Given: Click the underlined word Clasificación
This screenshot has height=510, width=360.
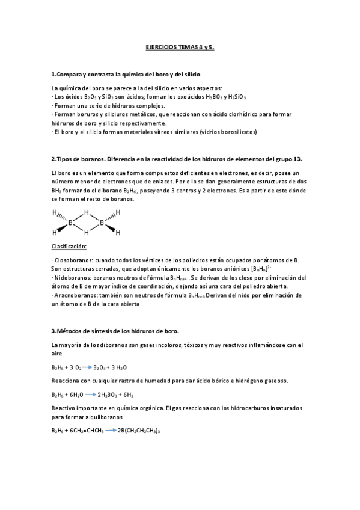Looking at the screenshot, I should click(69, 247).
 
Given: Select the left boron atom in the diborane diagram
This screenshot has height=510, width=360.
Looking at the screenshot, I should click(71, 223).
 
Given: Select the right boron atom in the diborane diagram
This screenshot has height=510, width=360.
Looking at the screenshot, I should click(102, 223).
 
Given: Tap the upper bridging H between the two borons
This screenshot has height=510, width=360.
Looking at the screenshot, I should click(86, 212).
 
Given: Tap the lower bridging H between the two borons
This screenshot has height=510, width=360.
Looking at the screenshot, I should click(86, 233).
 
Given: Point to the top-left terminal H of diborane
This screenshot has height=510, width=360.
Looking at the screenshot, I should click(55, 212).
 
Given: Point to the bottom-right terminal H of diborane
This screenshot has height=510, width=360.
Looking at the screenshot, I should click(118, 233).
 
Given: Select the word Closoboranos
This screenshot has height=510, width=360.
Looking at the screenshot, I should click(72, 259).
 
